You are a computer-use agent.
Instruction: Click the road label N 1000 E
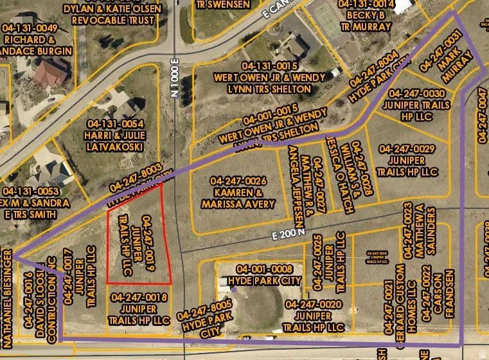click(x=175, y=80)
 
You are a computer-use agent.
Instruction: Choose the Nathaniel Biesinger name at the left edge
click(x=7, y=295)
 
